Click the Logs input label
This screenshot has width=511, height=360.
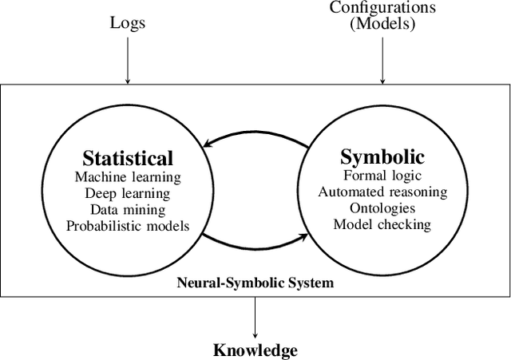pos(127,23)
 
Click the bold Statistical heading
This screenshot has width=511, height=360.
pos(127,157)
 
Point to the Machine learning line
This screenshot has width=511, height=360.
pos(127,176)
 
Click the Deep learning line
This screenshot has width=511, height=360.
pos(127,193)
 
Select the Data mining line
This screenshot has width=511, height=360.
pos(127,209)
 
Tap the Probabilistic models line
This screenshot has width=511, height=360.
pos(127,226)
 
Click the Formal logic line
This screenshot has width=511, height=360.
pos(382,175)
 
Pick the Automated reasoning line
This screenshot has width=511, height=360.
pos(382,192)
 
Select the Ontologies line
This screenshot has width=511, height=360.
pos(382,208)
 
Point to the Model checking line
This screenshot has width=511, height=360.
pos(382,224)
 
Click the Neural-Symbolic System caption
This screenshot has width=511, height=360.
pos(255,282)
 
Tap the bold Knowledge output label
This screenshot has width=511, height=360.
pos(255,350)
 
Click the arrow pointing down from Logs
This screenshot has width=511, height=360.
pos(127,60)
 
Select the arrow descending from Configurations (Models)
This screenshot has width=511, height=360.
pos(382,60)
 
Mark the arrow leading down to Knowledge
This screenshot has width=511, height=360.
pos(255,317)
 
